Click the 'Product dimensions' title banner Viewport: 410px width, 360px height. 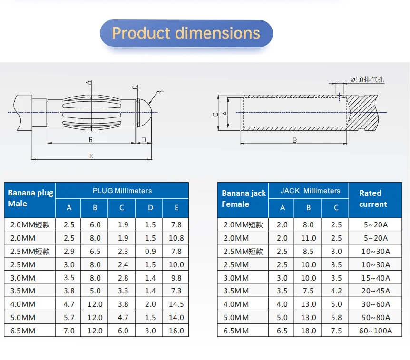click(186, 33)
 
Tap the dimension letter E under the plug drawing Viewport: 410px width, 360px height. click(91, 156)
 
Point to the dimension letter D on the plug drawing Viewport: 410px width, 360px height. click(144, 140)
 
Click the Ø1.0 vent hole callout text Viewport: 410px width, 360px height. click(367, 79)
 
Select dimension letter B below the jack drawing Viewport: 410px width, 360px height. click(294, 140)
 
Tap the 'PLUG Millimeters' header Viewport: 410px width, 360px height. click(122, 191)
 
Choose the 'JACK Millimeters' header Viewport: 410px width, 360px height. click(310, 191)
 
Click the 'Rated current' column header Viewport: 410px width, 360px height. click(373, 199)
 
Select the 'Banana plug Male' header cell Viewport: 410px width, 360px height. click(30, 198)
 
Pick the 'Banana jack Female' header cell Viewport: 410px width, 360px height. click(244, 199)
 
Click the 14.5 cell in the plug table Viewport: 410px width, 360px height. click(176, 304)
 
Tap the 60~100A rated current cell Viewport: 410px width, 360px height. click(375, 331)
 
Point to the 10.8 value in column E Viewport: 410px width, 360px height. click(176, 238)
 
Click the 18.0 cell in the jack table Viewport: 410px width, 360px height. click(308, 331)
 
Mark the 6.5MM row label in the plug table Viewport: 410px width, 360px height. click(21, 331)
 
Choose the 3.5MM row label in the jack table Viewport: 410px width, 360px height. click(236, 291)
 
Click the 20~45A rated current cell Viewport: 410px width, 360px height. click(375, 291)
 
